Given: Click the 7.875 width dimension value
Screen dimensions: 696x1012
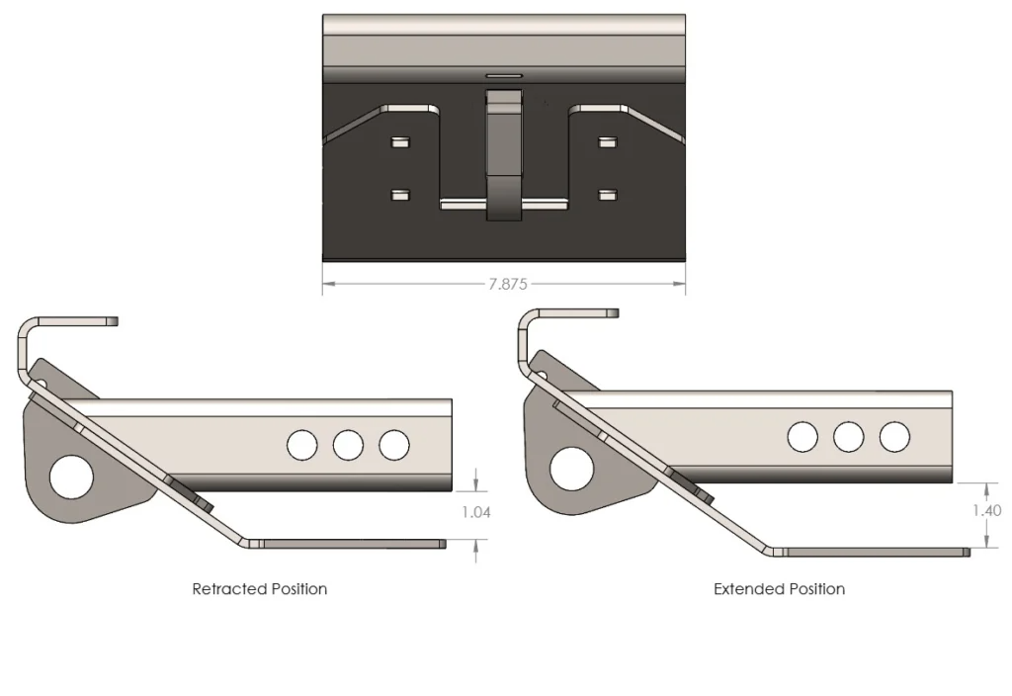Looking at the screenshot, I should coord(508,284).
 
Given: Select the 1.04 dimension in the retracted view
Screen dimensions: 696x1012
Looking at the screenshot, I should coord(475,512).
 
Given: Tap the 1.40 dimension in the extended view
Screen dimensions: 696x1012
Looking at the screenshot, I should coord(986,511).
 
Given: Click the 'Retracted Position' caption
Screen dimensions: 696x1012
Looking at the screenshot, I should coord(259,588).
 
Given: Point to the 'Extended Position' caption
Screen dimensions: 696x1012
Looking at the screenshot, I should coord(779,588).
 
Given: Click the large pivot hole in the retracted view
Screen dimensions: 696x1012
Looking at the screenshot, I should coord(71,477).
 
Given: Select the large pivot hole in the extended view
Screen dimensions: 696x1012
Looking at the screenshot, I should coord(572,468).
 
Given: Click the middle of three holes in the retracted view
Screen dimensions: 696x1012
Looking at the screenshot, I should coord(348,445).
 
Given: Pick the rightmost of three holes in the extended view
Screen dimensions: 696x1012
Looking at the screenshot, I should coord(894,436).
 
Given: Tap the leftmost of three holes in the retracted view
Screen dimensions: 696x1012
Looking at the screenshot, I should coord(301,445).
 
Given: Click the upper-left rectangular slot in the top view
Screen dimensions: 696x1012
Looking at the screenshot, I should coord(399,142).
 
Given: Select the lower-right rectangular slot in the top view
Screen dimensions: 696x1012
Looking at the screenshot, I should coord(608,195).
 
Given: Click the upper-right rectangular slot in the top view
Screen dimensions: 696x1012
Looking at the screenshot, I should coord(608,142).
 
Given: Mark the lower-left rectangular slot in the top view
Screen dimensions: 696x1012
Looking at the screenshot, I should coord(399,195).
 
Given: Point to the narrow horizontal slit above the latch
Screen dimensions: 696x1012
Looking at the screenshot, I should coord(503,74).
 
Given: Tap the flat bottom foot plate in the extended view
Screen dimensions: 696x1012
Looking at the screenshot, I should coord(870,551).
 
